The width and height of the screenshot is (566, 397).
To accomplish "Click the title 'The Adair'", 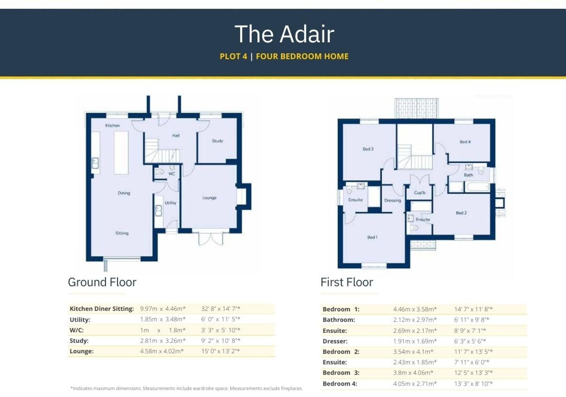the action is [x=284, y=34].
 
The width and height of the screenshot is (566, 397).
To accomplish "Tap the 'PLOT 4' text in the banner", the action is [x=233, y=56].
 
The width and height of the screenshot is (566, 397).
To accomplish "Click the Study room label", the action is [x=218, y=141].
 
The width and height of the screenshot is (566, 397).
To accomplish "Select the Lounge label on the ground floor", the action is [x=209, y=198].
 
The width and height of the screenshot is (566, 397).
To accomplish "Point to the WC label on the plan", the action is [x=172, y=174].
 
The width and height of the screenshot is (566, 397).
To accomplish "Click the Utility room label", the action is [x=170, y=203].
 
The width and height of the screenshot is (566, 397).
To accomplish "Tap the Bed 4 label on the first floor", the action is [x=465, y=142].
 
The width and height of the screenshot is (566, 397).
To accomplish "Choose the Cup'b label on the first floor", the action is [x=420, y=193].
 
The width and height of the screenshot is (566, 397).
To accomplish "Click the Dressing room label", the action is [x=393, y=200].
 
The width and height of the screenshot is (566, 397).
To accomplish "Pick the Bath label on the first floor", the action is [x=468, y=175].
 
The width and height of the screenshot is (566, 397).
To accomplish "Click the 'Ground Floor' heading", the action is [x=102, y=282].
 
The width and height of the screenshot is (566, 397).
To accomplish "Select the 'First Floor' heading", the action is [x=347, y=282].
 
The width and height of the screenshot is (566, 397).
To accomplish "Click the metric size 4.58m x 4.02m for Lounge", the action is [x=162, y=351].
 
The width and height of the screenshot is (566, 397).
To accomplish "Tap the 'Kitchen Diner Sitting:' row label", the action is [x=102, y=309].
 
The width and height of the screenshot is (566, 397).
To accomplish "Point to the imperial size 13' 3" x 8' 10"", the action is [x=473, y=384].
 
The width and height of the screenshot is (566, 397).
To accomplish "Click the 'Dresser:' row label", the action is [x=335, y=341].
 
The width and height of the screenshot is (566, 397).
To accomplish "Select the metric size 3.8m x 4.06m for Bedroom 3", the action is [x=413, y=373].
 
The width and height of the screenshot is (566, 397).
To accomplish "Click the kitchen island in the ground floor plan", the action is [x=121, y=153].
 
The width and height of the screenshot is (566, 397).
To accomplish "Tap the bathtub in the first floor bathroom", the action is [x=477, y=187].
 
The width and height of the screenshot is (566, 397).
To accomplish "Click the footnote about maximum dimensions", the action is [x=186, y=389].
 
